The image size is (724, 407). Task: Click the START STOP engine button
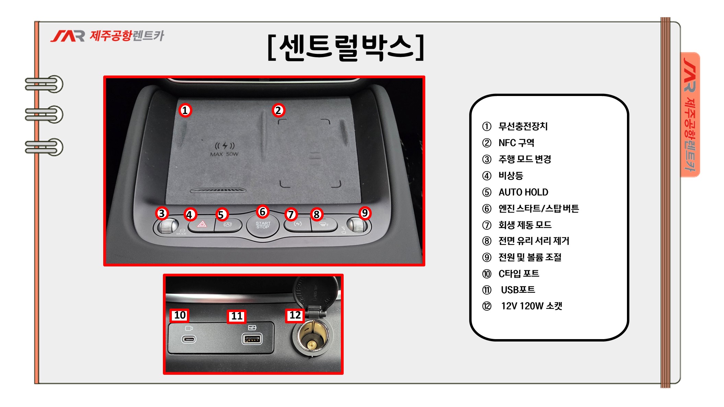(263, 225)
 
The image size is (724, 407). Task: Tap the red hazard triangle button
(202, 225)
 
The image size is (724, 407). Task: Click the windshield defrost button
(324, 225)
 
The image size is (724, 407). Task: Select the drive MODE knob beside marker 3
(166, 226)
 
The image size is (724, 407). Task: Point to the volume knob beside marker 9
(357, 225)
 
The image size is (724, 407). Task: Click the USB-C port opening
(189, 339)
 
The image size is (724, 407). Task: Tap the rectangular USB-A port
(252, 339)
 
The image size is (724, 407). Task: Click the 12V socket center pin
(311, 344)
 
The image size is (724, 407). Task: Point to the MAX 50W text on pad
(224, 154)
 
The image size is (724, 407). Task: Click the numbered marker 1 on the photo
(185, 110)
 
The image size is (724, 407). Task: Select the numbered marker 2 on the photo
(278, 110)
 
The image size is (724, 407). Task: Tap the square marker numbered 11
(237, 316)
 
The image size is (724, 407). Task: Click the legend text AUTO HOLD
(523, 192)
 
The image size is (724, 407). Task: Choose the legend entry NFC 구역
(516, 143)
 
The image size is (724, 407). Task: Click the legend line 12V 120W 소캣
(532, 306)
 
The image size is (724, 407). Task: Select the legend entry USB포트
(518, 290)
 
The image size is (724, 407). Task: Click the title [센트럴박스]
(346, 47)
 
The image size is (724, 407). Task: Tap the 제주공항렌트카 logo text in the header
(127, 36)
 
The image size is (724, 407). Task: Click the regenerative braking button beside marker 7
(298, 225)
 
